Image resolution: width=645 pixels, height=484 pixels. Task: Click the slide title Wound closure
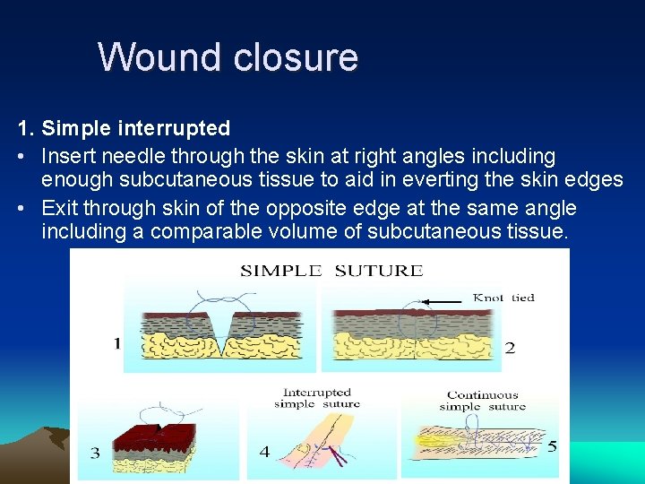(228, 57)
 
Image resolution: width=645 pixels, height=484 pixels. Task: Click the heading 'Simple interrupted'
(135, 128)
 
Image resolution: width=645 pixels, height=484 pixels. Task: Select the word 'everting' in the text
(482, 179)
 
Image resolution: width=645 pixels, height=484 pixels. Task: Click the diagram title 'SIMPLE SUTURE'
(331, 271)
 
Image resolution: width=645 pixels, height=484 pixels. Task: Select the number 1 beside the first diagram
(116, 343)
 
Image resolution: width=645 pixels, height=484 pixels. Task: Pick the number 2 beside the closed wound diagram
(509, 347)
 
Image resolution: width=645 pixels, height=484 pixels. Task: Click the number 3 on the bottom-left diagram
(95, 454)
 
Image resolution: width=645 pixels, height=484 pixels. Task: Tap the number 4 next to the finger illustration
(264, 452)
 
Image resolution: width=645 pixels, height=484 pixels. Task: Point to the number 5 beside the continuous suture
(552, 445)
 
